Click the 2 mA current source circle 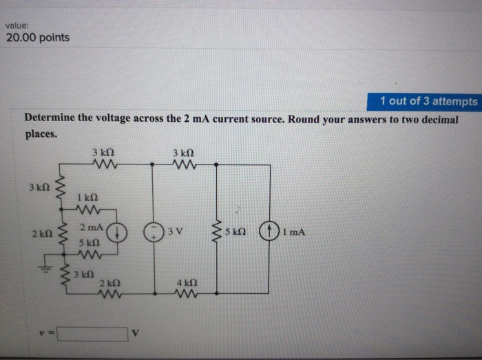point(118,232)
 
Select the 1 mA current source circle point(269,231)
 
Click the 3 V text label point(174,232)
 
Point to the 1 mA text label point(293,232)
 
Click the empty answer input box point(93,335)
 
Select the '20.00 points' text point(38,37)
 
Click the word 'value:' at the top point(16,25)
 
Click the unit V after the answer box point(136,335)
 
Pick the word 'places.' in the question point(41,134)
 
